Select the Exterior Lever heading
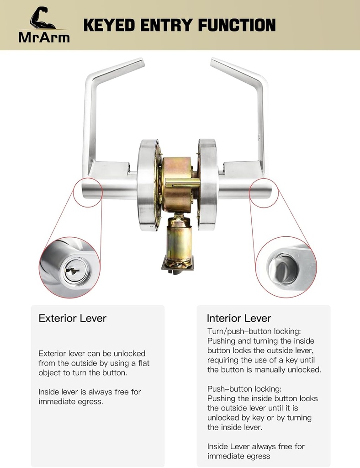72,318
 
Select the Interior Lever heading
239,318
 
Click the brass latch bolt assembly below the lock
179,238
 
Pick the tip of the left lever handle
139,62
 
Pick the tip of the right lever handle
215,62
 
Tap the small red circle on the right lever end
264,191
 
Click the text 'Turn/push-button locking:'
254,331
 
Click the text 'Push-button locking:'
244,389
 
